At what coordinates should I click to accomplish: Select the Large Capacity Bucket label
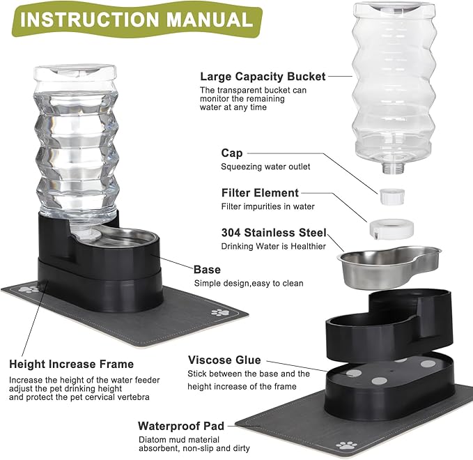[263, 77]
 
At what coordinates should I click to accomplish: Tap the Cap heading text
[232, 153]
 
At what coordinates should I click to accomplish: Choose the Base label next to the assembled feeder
[207, 269]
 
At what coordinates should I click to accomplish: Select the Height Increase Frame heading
[71, 364]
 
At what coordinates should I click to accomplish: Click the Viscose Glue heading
[224, 360]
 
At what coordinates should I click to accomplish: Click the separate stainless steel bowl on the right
[390, 263]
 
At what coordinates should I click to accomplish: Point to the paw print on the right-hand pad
[346, 445]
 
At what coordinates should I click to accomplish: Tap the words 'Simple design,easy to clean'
[249, 283]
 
